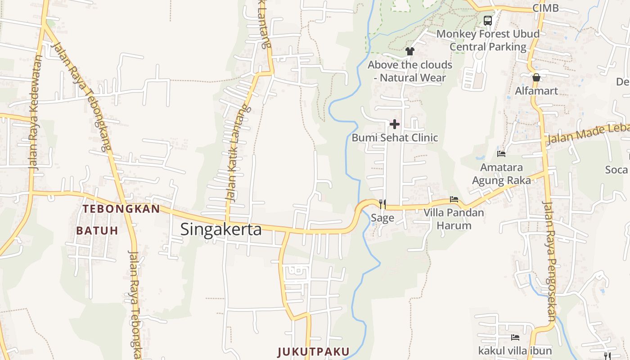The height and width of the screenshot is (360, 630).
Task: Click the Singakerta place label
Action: coord(221,229)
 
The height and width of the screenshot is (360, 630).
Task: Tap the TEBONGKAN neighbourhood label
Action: coord(121,209)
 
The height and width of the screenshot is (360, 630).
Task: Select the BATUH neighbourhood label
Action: coord(97,231)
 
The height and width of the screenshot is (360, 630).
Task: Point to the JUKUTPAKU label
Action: coord(313,351)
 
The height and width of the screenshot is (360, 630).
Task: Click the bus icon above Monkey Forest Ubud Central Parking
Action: coord(488,20)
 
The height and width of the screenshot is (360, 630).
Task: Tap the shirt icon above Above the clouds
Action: coord(409,51)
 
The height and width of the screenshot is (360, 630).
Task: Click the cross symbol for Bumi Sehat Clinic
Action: coord(395,124)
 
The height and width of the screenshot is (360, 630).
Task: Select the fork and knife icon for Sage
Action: coord(382,204)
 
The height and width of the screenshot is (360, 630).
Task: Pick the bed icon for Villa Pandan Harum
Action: coord(454,199)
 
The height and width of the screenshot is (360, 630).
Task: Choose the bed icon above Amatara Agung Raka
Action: coord(501,154)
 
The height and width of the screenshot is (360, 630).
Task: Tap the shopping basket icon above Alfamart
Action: coord(536,77)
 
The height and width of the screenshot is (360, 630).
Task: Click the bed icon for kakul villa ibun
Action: coord(515,337)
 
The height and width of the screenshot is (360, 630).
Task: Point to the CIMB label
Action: coord(545,8)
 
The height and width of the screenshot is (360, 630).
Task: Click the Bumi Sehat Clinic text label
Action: coord(395,138)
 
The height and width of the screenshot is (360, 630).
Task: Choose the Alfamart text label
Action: coord(536,91)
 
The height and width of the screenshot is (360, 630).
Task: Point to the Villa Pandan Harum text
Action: coord(454,219)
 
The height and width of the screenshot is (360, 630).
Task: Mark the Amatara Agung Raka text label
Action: coord(501,174)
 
